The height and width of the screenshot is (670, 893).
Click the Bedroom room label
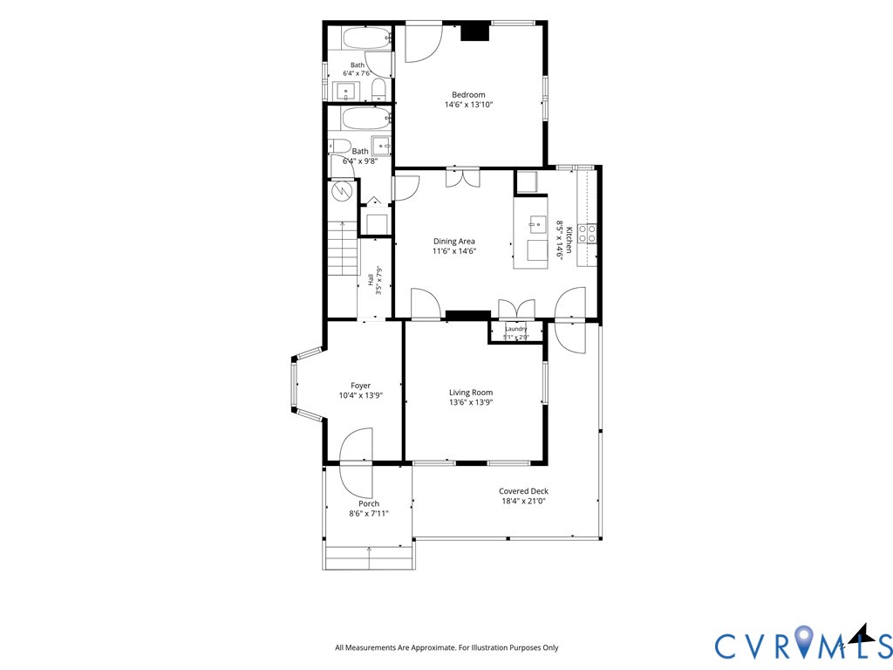[468, 94]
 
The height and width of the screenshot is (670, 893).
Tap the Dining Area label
[453, 241]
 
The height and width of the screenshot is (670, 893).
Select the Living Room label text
[471, 392]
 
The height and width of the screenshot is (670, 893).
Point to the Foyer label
[360, 386]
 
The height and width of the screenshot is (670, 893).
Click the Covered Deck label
[523, 491]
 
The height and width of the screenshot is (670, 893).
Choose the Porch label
[369, 503]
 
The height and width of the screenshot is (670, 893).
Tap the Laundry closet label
[516, 329]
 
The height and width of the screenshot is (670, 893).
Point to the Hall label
[370, 280]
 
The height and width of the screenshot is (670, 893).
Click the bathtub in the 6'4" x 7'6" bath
[367, 38]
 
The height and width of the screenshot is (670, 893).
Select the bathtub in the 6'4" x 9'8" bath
[367, 119]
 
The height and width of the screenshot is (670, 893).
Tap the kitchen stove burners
[587, 234]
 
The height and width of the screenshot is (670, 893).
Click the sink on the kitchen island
[537, 224]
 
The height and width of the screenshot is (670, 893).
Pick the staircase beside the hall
[344, 249]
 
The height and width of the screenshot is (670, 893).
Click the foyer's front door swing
[356, 445]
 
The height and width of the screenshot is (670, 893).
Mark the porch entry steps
[369, 557]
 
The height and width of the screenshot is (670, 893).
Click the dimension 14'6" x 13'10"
[468, 105]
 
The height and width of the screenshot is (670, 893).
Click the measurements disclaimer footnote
[446, 647]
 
